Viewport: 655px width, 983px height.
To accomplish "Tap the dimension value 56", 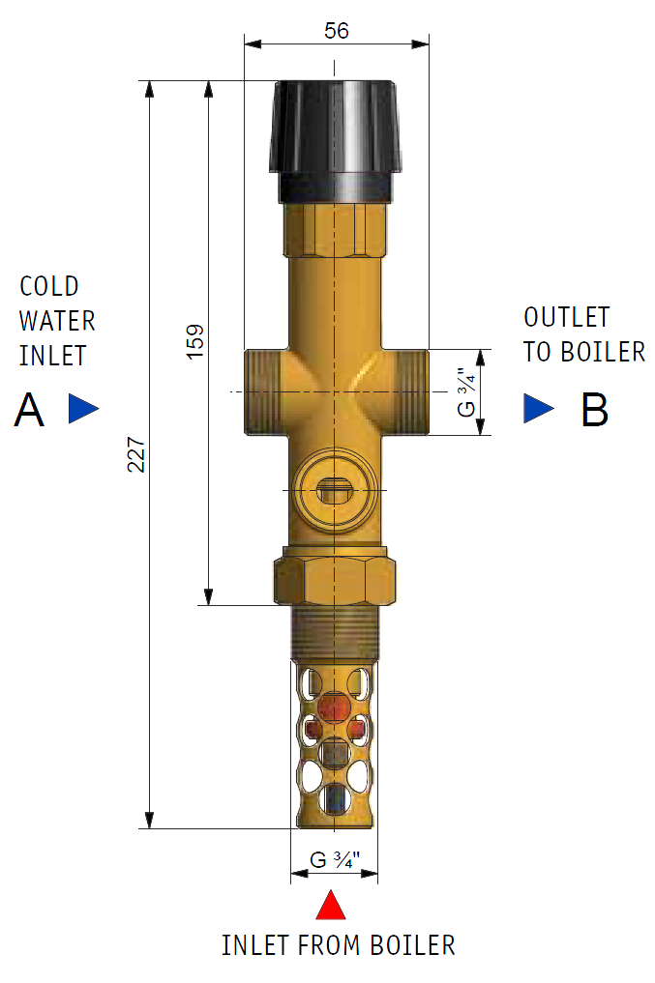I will tap(336, 30).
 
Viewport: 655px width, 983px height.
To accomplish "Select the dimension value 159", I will tap(195, 342).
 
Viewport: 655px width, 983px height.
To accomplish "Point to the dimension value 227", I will tap(136, 454).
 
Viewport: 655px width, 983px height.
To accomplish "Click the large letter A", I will tap(29, 413).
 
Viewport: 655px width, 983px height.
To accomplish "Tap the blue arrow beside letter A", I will tap(83, 409).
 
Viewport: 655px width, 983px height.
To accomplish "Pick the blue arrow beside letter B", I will tap(538, 409).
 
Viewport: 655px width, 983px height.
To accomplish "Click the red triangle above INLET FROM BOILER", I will tap(332, 906).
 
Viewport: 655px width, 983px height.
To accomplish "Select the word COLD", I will tap(49, 286).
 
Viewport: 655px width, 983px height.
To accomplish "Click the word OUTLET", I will tap(567, 317).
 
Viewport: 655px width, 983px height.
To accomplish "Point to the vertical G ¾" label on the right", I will tap(466, 391).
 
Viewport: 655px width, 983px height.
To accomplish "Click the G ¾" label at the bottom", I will tap(335, 859).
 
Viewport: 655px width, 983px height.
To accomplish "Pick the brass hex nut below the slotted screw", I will tap(335, 576).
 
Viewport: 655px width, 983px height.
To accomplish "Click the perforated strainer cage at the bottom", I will tap(334, 744).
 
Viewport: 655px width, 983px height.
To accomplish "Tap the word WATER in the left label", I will tap(57, 320).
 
